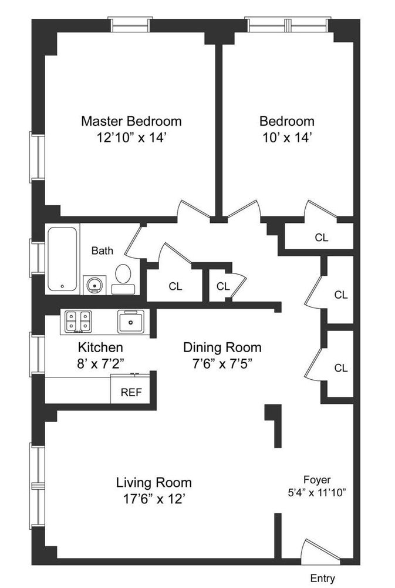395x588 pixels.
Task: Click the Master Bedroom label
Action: pos(131,121)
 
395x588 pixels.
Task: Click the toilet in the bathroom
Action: pos(123,277)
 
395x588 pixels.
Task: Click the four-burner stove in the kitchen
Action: pos(78,321)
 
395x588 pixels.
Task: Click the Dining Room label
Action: pos(222,347)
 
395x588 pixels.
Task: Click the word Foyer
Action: pos(317,479)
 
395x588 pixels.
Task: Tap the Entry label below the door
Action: pos(322,578)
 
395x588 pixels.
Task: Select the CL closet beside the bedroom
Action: pos(321,238)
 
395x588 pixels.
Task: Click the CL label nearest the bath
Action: pos(175,286)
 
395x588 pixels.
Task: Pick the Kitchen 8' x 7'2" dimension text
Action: pos(100,363)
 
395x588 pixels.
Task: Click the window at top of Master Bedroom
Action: pos(130,25)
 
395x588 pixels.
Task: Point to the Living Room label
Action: pos(153,483)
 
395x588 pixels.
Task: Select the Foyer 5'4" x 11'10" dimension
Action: pos(316,493)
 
